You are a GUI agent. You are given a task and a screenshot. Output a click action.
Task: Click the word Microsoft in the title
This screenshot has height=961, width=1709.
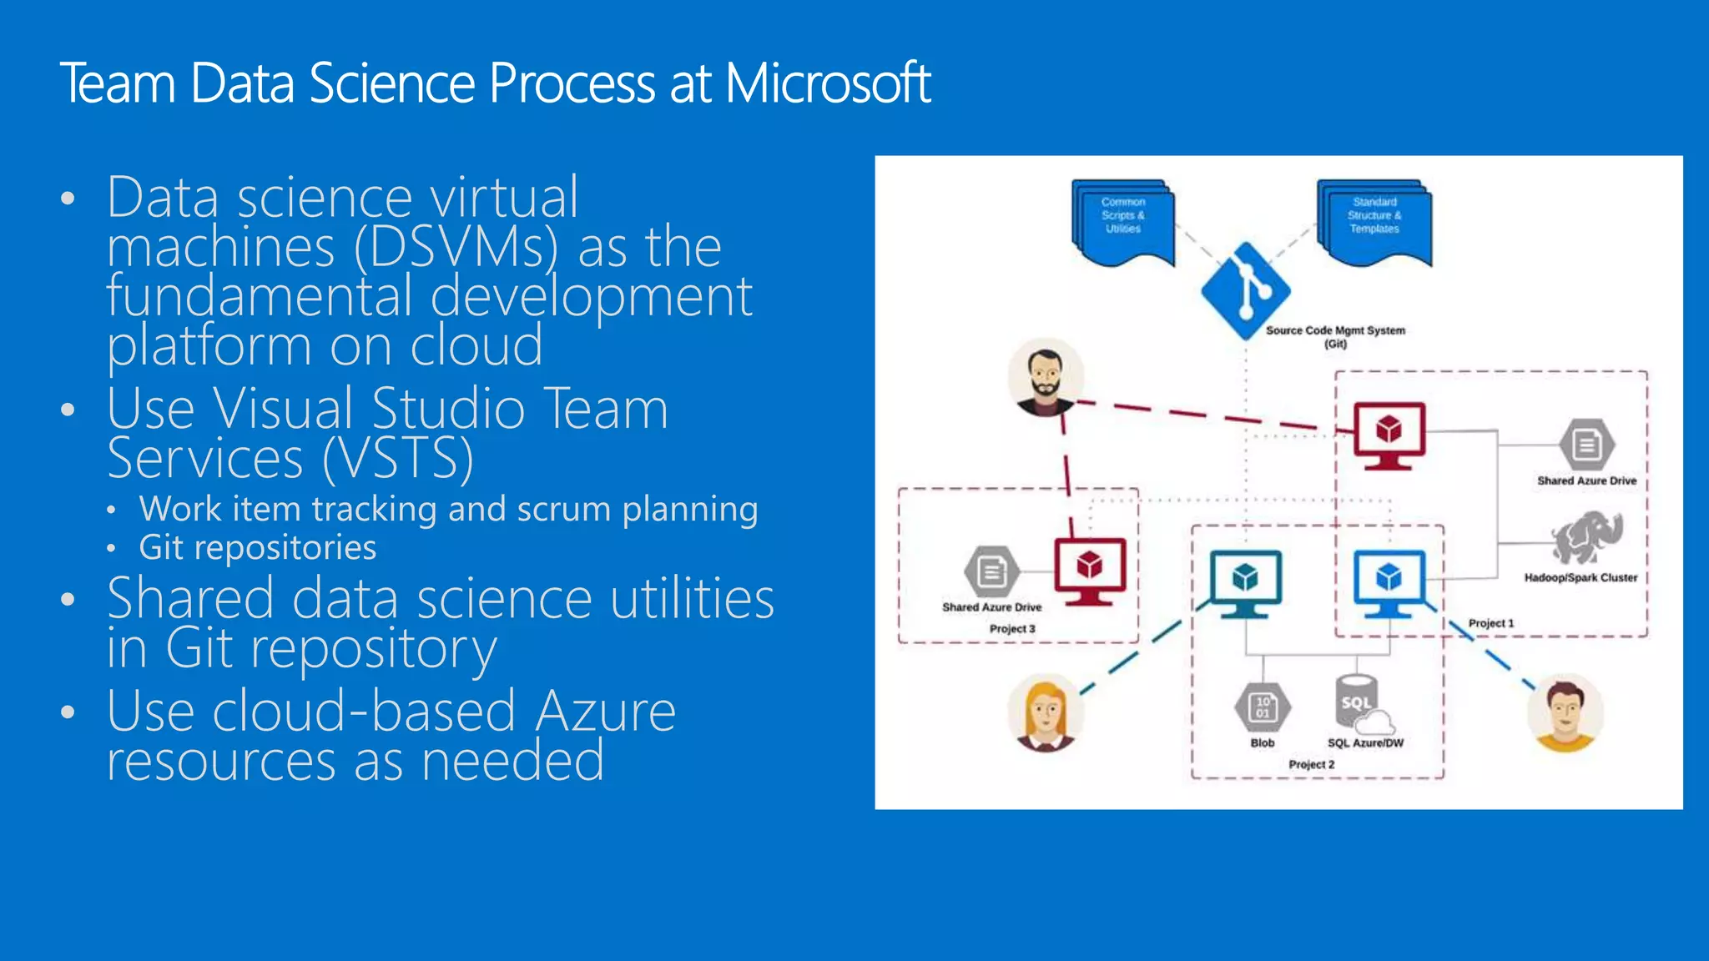[x=826, y=83]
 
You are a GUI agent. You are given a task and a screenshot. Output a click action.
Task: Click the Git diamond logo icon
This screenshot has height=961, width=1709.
[x=1245, y=291]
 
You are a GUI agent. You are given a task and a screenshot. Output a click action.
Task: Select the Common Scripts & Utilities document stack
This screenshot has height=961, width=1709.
[x=1123, y=221]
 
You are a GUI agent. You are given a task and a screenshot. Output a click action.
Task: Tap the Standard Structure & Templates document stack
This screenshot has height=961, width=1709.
[x=1374, y=221]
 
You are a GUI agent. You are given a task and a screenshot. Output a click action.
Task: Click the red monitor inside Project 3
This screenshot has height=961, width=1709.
[x=1090, y=571]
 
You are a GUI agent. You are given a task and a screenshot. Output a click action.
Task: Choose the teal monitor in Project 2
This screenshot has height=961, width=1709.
[x=1245, y=582]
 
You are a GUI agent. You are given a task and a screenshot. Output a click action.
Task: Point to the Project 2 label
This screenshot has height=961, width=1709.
[x=1311, y=764]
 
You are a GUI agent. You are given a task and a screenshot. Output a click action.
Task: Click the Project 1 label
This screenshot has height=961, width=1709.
[x=1490, y=623]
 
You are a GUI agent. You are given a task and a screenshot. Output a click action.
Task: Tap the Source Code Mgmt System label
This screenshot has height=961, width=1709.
[x=1335, y=330]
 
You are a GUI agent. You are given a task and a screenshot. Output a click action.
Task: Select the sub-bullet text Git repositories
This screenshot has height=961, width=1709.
[x=257, y=548]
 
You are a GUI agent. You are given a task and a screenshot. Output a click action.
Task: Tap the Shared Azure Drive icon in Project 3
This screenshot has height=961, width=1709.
[x=991, y=572]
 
